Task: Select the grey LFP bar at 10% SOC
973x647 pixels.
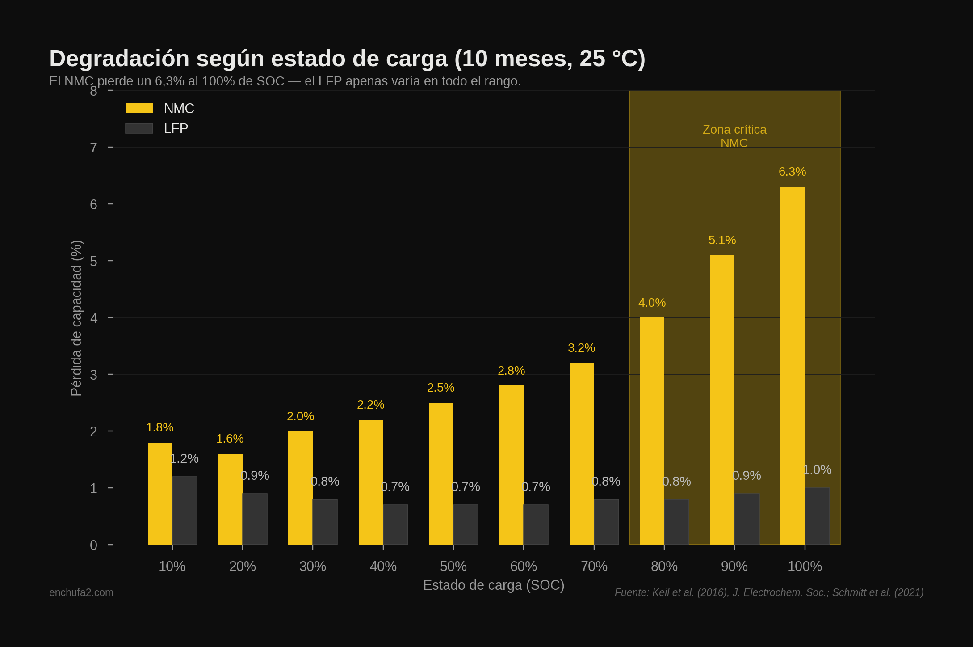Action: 185,511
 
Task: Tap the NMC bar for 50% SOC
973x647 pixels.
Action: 441,474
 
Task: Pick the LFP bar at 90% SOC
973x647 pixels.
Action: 747,519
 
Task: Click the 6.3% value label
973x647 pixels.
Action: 792,172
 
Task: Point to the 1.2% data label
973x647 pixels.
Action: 185,458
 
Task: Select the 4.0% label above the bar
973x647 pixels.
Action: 652,303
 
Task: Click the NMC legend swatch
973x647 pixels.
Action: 139,108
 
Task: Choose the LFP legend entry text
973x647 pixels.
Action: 176,129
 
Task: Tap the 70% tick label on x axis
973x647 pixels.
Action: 594,567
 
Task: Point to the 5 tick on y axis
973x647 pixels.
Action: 93,261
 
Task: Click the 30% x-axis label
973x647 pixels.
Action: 312,567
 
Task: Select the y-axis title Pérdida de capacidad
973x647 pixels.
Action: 76,318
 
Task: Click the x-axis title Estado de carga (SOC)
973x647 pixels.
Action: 493,585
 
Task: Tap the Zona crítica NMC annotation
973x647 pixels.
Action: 734,136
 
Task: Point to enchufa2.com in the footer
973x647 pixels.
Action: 81,592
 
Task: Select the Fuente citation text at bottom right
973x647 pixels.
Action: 769,592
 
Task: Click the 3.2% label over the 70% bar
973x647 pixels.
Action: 581,348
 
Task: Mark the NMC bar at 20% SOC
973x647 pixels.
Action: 230,499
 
